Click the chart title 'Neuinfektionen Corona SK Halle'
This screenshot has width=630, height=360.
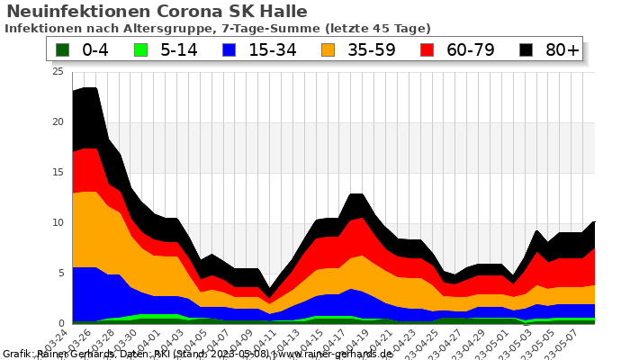point(157,12)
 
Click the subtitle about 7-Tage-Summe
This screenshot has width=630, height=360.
point(217,29)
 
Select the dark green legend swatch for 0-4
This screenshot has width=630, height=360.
point(62,49)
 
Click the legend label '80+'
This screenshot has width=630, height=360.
point(562,49)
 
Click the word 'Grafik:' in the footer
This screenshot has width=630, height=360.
point(20,354)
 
